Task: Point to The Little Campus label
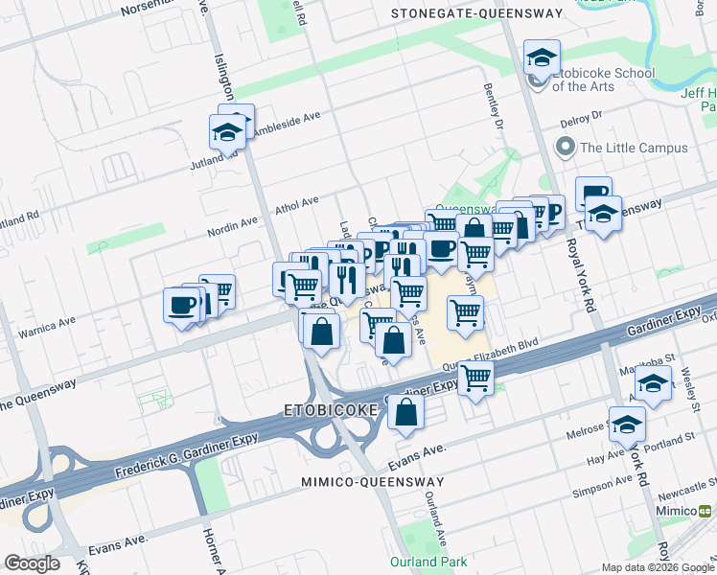click(x=634, y=148)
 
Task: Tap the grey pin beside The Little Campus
click(x=566, y=148)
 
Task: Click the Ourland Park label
click(x=428, y=562)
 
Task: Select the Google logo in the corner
click(x=32, y=563)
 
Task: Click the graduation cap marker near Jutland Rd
click(x=228, y=131)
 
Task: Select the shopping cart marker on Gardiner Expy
click(x=475, y=379)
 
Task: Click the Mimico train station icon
click(x=706, y=511)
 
